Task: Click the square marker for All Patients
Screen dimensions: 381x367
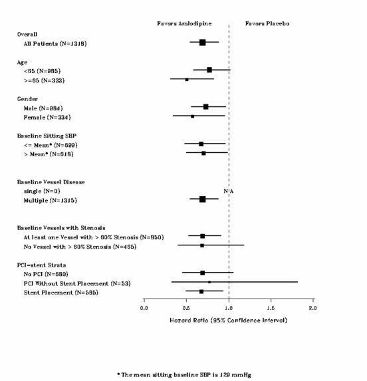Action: point(202,43)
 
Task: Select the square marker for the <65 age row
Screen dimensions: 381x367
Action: point(209,70)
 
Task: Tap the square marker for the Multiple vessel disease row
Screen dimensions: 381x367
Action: point(202,199)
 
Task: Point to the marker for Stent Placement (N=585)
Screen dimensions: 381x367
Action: point(201,291)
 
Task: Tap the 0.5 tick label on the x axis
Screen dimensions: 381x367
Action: point(187,309)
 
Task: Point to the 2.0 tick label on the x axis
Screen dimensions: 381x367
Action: point(313,309)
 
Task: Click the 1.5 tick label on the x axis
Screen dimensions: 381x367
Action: point(271,309)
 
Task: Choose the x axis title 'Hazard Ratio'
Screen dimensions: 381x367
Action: point(229,320)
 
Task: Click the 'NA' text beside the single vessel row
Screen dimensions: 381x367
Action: point(228,191)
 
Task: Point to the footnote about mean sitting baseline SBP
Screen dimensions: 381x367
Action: point(183,374)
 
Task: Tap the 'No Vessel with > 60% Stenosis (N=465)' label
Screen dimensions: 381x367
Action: point(79,246)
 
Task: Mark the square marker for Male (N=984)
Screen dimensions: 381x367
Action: point(206,106)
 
